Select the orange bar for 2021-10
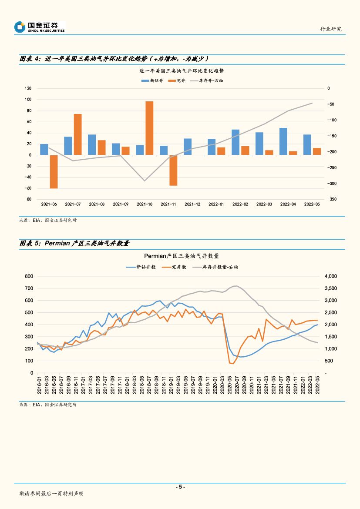tap(149, 128)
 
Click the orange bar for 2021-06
tap(54, 171)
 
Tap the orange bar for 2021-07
tap(78, 134)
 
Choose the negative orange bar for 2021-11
tap(173, 170)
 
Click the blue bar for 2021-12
tap(188, 147)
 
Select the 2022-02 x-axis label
tap(240, 204)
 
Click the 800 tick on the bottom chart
tap(29, 276)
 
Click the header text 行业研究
tap(331, 29)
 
